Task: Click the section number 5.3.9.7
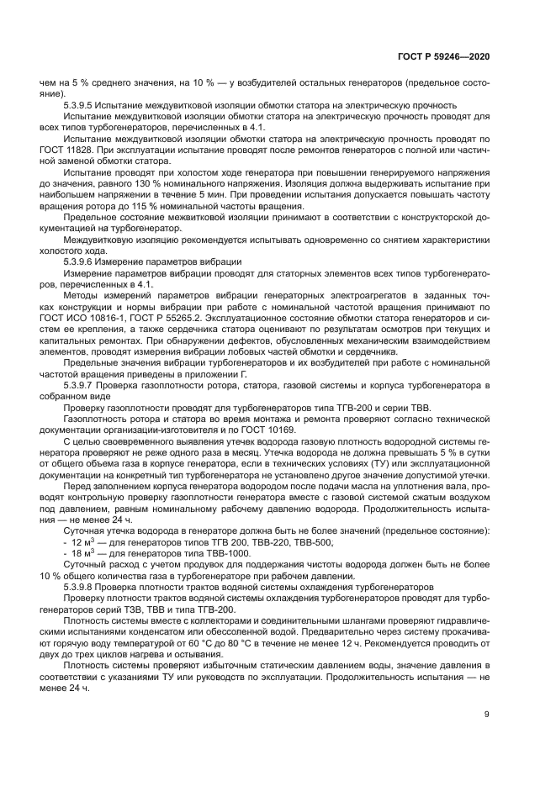click(x=82, y=384)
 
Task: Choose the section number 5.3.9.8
click(x=82, y=587)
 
